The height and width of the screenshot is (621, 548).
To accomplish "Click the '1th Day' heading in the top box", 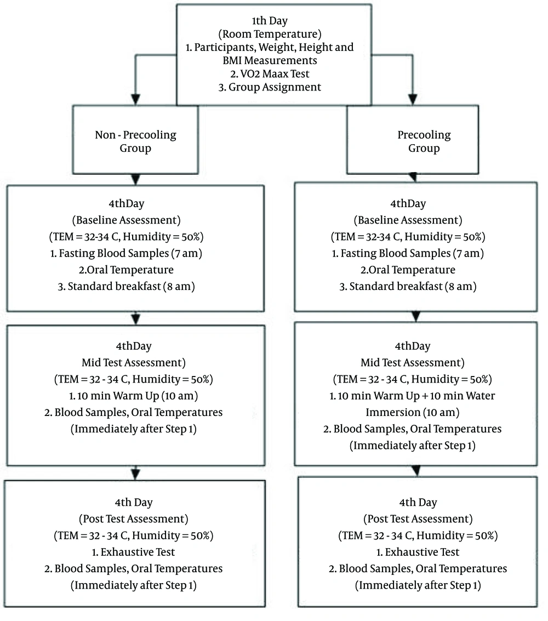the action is click(270, 21).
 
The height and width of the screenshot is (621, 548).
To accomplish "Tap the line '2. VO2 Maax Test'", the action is click(270, 73).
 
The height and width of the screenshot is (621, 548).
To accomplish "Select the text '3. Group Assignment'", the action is click(270, 87).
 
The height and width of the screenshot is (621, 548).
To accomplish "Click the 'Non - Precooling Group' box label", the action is click(135, 141).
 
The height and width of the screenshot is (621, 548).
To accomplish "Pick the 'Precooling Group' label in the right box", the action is click(424, 141).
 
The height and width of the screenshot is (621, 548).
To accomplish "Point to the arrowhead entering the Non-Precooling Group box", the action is click(136, 100).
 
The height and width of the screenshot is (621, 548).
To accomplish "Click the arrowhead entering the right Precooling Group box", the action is click(413, 100).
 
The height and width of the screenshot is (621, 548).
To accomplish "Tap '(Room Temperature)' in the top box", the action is click(270, 34).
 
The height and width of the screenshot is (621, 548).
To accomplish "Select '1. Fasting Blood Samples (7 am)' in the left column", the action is click(126, 253).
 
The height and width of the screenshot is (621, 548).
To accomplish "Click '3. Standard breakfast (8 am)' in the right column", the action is click(408, 286).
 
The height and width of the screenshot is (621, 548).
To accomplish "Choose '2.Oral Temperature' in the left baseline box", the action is click(126, 270).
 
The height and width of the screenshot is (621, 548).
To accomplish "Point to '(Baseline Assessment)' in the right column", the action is click(408, 220).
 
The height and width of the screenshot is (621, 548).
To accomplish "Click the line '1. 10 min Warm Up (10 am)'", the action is click(133, 396).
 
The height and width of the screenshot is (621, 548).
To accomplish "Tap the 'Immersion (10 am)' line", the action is click(412, 412).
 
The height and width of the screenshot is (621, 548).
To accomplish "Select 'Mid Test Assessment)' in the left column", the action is click(133, 363).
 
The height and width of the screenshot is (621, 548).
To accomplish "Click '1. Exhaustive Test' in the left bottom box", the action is click(133, 552).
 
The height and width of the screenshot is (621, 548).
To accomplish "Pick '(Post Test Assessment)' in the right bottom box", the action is click(418, 519).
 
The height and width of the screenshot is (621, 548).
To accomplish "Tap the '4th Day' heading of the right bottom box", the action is click(418, 503).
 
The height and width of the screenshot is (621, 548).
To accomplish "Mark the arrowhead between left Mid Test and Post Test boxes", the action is click(136, 474).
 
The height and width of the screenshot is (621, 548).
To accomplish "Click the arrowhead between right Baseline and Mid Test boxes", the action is click(416, 316).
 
